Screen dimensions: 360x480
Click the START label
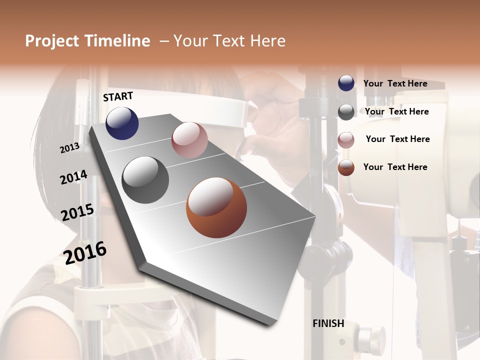(118, 96)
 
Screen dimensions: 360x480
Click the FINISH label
(328, 323)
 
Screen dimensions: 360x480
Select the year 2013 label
(69, 147)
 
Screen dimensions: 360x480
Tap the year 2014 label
(73, 177)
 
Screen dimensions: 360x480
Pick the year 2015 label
(77, 212)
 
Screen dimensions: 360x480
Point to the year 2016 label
(85, 252)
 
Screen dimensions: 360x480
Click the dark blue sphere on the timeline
(122, 123)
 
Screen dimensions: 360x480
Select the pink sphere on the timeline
(189, 140)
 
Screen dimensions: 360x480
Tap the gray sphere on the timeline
(145, 180)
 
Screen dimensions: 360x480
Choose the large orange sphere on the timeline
(216, 207)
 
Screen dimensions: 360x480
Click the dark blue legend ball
(346, 83)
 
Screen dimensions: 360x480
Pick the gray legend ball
(346, 112)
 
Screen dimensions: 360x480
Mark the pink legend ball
(346, 140)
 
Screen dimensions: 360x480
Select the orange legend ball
(346, 167)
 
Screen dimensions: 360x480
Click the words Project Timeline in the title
(87, 41)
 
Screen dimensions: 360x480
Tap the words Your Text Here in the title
(229, 41)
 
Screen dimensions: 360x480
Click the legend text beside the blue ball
(395, 83)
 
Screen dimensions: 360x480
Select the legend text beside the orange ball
(395, 167)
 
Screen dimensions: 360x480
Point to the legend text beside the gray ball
(396, 111)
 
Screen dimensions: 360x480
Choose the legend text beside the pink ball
(397, 139)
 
